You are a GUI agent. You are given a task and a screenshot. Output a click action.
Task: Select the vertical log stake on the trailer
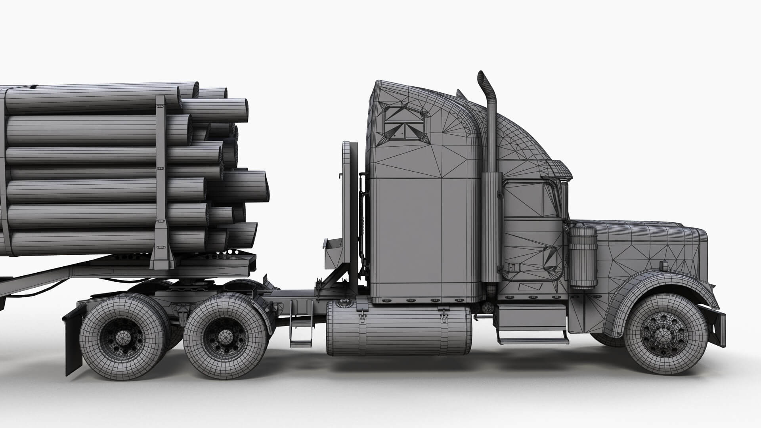pos(161,178)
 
